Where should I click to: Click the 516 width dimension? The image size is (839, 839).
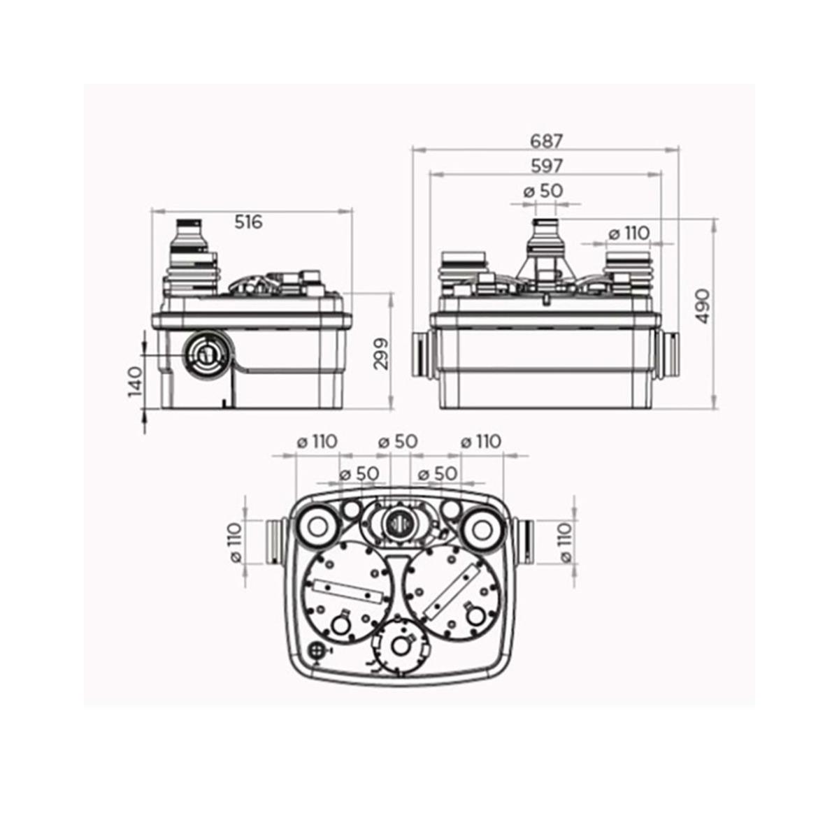(249, 222)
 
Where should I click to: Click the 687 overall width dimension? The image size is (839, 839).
(547, 141)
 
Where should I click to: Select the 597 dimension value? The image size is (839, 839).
(547, 166)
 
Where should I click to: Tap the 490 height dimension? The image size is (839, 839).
(703, 306)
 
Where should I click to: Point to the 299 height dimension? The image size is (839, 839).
(382, 354)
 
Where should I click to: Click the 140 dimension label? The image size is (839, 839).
(136, 382)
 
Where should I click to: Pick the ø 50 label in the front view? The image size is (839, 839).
(543, 191)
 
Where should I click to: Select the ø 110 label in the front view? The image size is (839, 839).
(629, 234)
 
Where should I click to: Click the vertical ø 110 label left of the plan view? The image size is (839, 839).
(236, 543)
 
